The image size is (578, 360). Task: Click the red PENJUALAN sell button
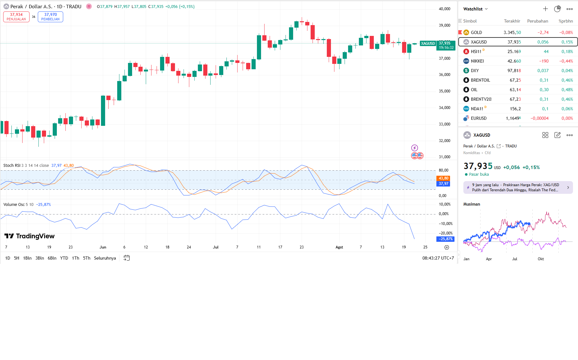point(16,17)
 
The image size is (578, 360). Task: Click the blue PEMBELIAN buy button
point(50,17)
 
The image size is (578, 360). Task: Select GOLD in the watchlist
point(476,32)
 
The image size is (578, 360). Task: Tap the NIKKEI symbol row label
point(477,61)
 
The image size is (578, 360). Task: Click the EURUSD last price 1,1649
point(513,118)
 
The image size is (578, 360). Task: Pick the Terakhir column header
point(512,21)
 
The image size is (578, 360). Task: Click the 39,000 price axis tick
point(444,25)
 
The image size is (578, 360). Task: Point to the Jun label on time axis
point(103,247)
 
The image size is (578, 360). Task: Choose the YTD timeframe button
point(64,258)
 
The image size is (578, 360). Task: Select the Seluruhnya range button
point(105,258)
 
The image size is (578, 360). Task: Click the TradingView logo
point(30,236)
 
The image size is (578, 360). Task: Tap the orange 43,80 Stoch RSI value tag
point(443,178)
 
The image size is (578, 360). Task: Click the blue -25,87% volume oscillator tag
point(446,239)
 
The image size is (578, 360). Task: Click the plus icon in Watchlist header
point(545,9)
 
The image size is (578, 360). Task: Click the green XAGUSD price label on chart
point(428,44)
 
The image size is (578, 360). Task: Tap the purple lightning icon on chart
point(414,148)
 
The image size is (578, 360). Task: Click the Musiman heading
point(472,204)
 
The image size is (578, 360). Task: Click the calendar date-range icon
point(126,258)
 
